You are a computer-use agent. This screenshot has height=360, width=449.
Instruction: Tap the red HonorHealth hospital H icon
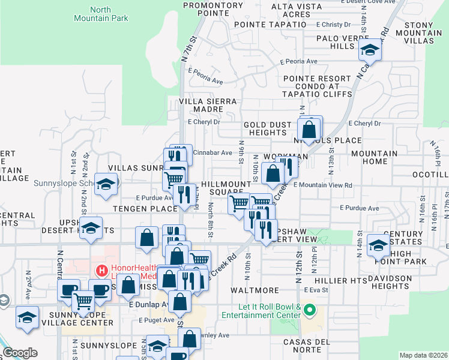pos(101,271)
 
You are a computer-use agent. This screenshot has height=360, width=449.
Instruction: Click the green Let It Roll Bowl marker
pos(310,310)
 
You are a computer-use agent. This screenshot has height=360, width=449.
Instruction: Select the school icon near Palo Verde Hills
pos(370,50)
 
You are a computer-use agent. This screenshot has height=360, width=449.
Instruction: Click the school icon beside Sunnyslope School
pos(106,184)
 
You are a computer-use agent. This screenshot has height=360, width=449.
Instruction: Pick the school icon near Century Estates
pos(378,245)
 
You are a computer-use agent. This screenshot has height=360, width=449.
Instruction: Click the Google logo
pos(20,353)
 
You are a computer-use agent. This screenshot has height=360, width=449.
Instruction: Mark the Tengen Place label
pos(142,208)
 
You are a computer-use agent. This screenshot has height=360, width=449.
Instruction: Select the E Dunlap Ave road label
pos(147,304)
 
